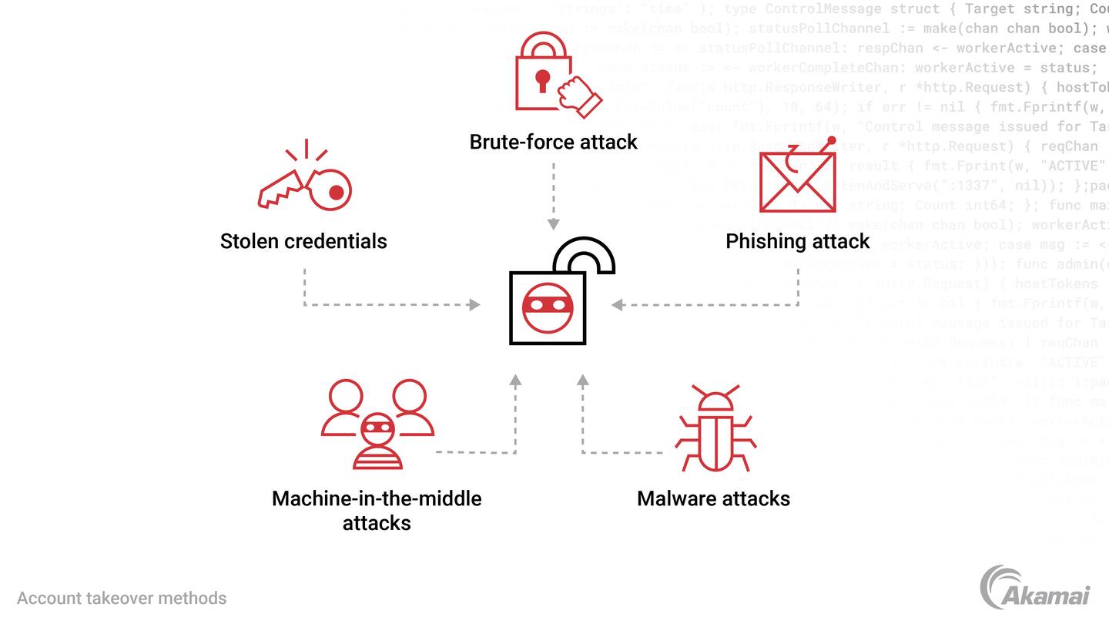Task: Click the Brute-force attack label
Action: click(553, 142)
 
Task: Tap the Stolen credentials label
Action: click(303, 241)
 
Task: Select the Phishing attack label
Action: click(797, 241)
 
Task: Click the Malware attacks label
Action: click(713, 498)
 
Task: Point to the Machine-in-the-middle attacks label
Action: click(377, 510)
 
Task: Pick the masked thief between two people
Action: click(377, 441)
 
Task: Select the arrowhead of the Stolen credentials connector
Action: click(474, 305)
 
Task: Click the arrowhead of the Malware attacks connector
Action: click(583, 380)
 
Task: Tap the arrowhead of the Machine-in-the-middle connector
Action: click(515, 380)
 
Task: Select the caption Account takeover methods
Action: click(122, 598)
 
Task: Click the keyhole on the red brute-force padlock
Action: click(543, 79)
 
